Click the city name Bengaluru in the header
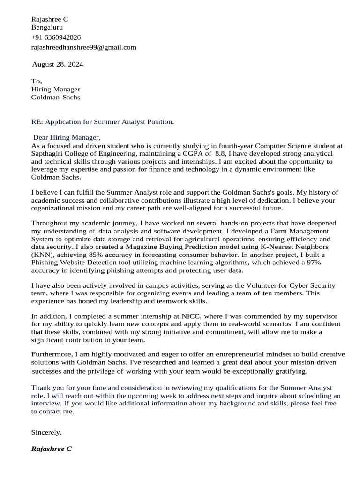(47, 27)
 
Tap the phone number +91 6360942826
(56, 37)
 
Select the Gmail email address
(83, 47)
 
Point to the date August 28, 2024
(57, 64)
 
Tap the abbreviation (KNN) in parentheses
(43, 255)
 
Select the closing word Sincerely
(46, 432)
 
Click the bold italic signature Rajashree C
(51, 449)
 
